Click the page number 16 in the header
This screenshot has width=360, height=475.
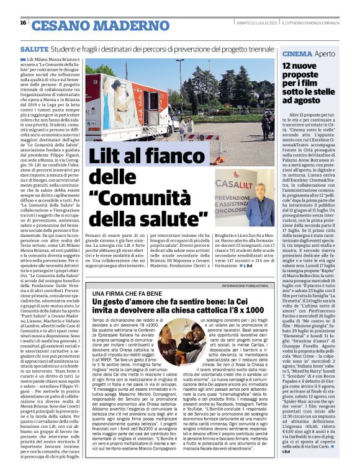pyautogui.click(x=22, y=23)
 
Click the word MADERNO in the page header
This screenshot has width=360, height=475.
pyautogui.click(x=112, y=25)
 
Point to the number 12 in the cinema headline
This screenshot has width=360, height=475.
pyautogui.click(x=290, y=66)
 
